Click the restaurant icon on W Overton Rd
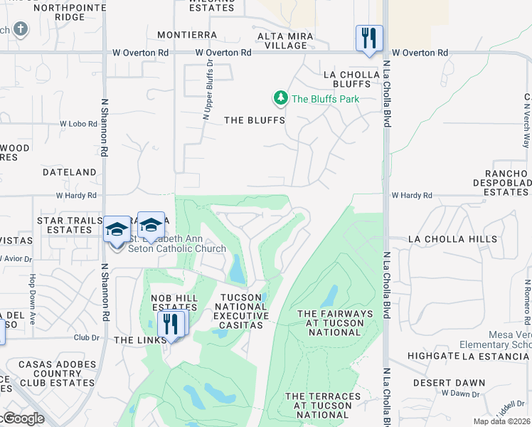coord(369,38)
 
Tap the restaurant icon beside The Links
coord(171,324)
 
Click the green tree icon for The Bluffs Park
coord(281,97)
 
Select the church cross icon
coord(21,30)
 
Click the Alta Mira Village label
coord(282,41)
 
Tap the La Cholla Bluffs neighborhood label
coord(347,78)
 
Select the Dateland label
coord(70,172)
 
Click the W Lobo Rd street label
coord(78,124)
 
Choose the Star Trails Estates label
coord(70,225)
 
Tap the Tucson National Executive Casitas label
coord(243,311)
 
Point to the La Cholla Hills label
coord(453,239)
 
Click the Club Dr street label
coord(85,338)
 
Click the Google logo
coord(23,418)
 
